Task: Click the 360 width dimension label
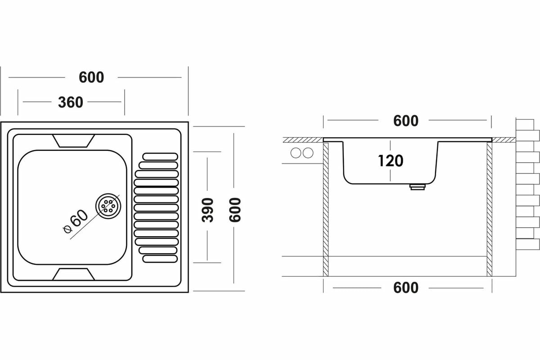coord(71,102)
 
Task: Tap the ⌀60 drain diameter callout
coord(76,222)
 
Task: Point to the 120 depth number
coord(391,160)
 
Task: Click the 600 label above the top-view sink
coord(91,77)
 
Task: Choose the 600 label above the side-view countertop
coord(405,121)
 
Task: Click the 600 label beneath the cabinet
coord(405,288)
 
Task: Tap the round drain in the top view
coord(108,206)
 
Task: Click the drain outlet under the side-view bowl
coord(417,186)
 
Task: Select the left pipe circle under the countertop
coord(296,153)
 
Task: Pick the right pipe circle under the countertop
coord(308,153)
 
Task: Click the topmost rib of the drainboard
coord(160,156)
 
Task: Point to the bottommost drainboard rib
coord(160,259)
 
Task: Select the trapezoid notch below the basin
coord(74,274)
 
